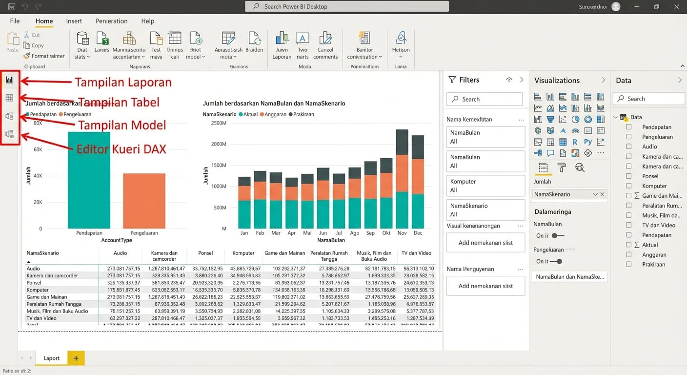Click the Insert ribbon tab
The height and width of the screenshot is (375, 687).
[74, 21]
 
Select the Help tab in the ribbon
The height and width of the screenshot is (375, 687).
[147, 21]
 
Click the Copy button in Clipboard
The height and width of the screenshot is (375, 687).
[34, 45]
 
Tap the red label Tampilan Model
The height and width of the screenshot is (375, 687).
[122, 125]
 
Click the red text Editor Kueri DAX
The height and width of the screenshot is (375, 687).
[121, 149]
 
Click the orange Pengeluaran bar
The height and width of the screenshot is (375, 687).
[144, 201]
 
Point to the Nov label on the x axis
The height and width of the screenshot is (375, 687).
[402, 233]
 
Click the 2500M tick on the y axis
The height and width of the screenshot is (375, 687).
[218, 123]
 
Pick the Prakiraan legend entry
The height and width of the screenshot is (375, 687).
[303, 114]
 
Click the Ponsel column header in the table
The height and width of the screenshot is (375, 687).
[205, 253]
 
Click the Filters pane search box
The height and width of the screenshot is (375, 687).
[485, 99]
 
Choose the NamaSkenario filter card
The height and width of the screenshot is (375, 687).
[485, 210]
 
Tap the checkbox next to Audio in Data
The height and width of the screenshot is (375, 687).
[629, 146]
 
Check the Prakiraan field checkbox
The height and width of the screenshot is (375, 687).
[629, 264]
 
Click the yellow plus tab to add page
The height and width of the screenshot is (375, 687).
[76, 358]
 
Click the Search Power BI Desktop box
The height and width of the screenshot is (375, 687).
[347, 6]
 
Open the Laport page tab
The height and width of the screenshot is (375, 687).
[51, 358]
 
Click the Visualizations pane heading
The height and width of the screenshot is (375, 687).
[557, 81]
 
